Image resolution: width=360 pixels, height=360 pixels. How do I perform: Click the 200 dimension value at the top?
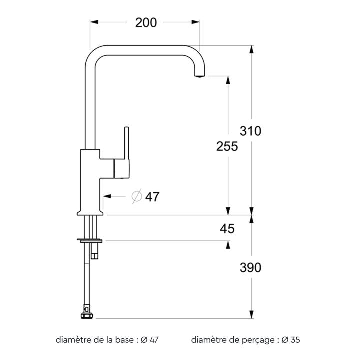(146, 23)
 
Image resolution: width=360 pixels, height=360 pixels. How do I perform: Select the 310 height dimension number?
(250, 131)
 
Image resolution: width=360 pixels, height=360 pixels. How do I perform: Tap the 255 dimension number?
(227, 146)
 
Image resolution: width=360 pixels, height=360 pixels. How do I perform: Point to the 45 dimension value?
(227, 229)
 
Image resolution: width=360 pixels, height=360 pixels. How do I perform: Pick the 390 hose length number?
(250, 267)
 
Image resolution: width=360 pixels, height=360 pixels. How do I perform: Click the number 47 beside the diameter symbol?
(152, 197)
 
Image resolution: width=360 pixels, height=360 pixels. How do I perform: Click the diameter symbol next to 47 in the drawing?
(137, 196)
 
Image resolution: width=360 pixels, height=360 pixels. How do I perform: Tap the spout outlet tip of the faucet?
(199, 75)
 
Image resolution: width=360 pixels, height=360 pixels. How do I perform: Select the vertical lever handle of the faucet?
(126, 143)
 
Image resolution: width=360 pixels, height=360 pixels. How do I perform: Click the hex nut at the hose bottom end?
(87, 316)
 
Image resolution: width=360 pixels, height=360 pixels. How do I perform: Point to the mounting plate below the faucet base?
(90, 240)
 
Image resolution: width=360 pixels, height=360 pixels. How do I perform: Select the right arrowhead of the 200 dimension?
(195, 22)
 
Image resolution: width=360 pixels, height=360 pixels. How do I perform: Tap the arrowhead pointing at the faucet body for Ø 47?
(107, 196)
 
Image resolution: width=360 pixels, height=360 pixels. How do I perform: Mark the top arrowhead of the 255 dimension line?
(228, 80)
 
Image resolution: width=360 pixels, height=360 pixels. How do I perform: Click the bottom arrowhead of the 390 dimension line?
(252, 314)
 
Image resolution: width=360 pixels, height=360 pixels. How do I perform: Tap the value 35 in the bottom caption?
(295, 340)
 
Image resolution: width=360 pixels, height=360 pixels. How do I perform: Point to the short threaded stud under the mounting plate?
(94, 251)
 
